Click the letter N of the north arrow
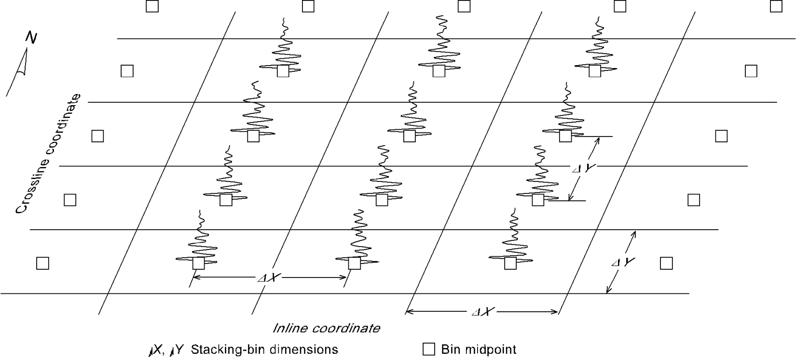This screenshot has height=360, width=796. (x=31, y=37)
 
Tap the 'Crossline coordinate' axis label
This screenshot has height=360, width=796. (x=48, y=153)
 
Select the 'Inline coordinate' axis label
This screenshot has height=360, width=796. (x=326, y=328)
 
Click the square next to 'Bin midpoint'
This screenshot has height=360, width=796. (x=428, y=349)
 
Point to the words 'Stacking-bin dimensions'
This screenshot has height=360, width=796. (x=264, y=349)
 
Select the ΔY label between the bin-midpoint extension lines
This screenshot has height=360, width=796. (x=584, y=168)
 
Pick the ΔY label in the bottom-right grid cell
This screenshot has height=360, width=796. (x=623, y=263)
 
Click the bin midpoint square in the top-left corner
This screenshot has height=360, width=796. (x=152, y=6)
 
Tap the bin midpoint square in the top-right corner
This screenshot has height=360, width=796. (x=776, y=6)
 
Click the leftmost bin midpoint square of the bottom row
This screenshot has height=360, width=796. (x=42, y=263)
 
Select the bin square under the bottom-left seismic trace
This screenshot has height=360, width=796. (x=199, y=263)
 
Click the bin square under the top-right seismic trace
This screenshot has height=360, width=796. (x=594, y=71)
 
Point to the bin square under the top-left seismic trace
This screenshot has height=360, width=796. (x=283, y=71)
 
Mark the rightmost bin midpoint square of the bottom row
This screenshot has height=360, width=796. (x=666, y=263)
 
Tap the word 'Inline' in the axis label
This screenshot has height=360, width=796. (x=289, y=328)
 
